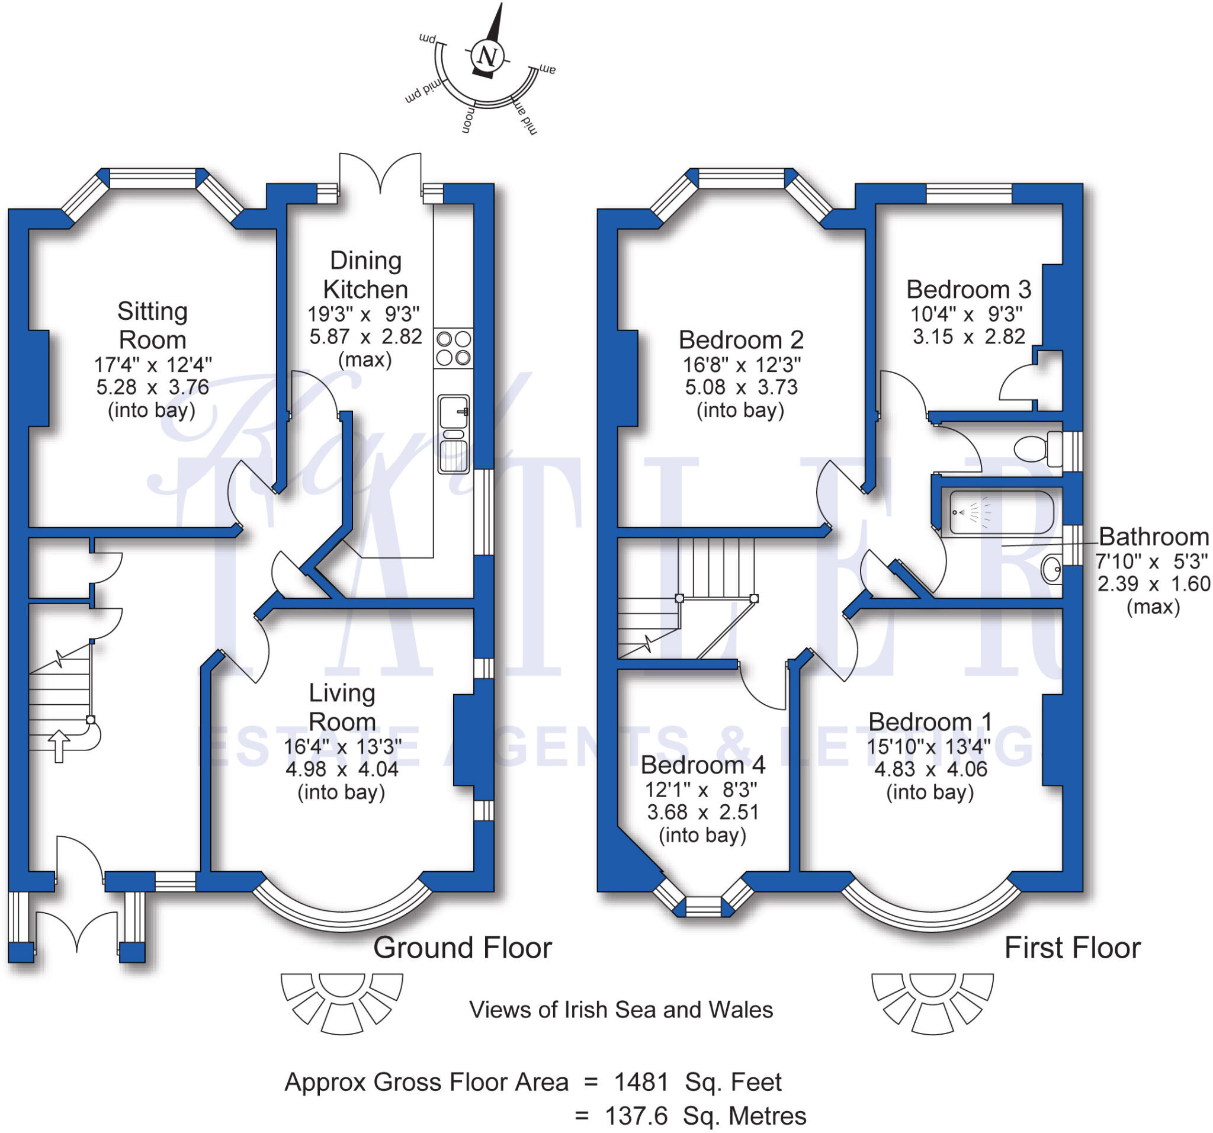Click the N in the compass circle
pyautogui.click(x=487, y=56)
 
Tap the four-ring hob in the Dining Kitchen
pyautogui.click(x=453, y=348)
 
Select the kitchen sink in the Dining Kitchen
pyautogui.click(x=453, y=434)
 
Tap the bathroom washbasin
pyautogui.click(x=1052, y=570)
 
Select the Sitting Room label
pyautogui.click(x=152, y=325)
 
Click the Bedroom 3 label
pyautogui.click(x=968, y=289)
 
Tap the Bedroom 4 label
pyautogui.click(x=702, y=765)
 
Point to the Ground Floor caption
pyautogui.click(x=462, y=948)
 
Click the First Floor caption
pyautogui.click(x=1072, y=948)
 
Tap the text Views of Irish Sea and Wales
pyautogui.click(x=621, y=1010)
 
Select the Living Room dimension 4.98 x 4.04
pyautogui.click(x=342, y=769)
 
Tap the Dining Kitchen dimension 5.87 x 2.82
pyautogui.click(x=365, y=336)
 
